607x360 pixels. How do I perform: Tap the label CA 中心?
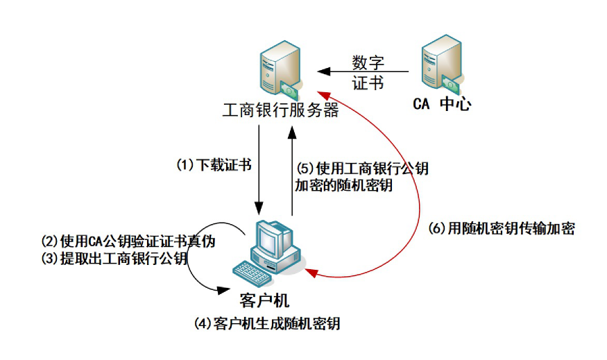(442, 105)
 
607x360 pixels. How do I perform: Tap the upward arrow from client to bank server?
(293, 173)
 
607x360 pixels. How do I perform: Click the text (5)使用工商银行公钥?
(362, 168)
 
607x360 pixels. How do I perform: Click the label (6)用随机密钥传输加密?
(502, 228)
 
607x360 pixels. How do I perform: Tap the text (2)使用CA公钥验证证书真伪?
(128, 242)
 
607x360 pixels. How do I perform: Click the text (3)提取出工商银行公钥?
(114, 259)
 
